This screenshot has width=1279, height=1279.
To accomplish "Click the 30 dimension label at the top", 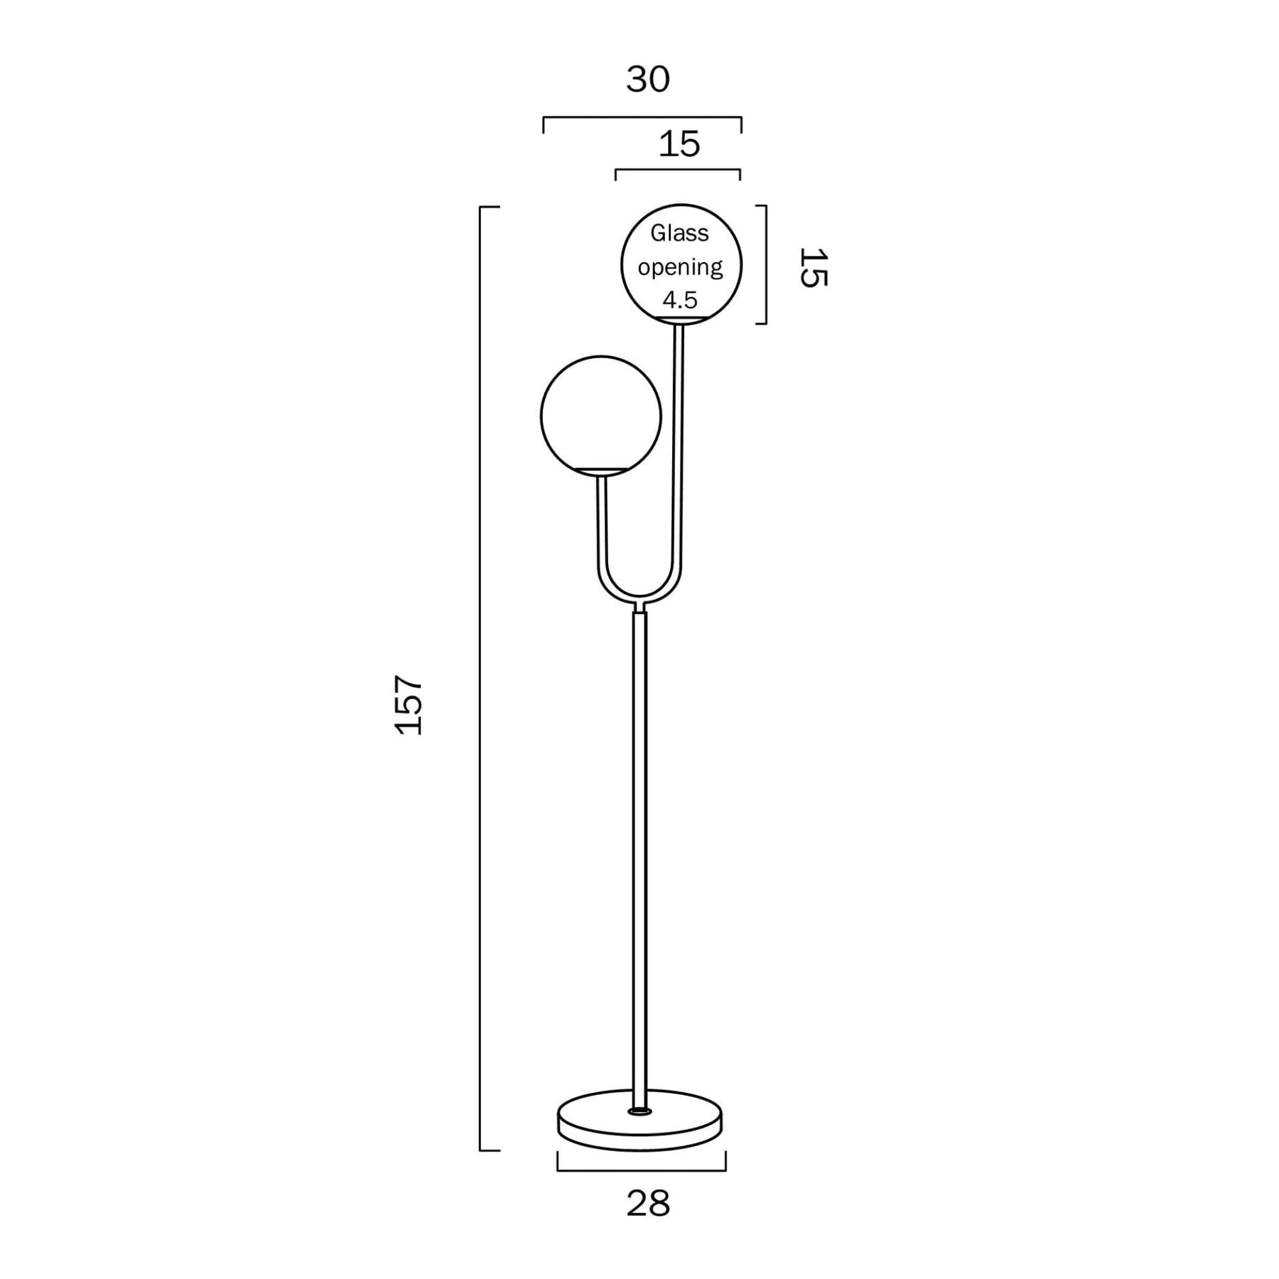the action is (x=647, y=80).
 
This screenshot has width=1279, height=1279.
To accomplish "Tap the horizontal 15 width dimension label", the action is (x=679, y=144).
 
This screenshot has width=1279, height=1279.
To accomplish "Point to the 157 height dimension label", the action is (x=409, y=704).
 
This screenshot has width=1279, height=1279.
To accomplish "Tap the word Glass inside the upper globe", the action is (x=679, y=232).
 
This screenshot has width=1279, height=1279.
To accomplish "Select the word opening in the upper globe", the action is (x=680, y=267).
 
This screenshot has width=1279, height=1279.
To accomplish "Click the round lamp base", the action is (x=639, y=1120).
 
